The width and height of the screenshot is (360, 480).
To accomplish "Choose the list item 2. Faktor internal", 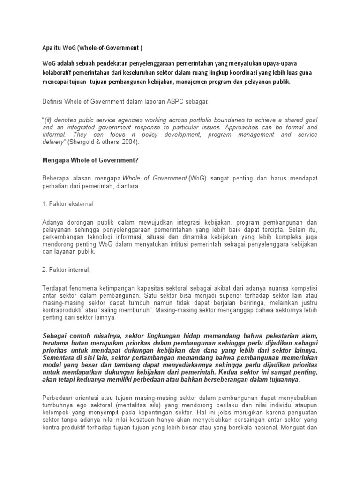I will (67, 270).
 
